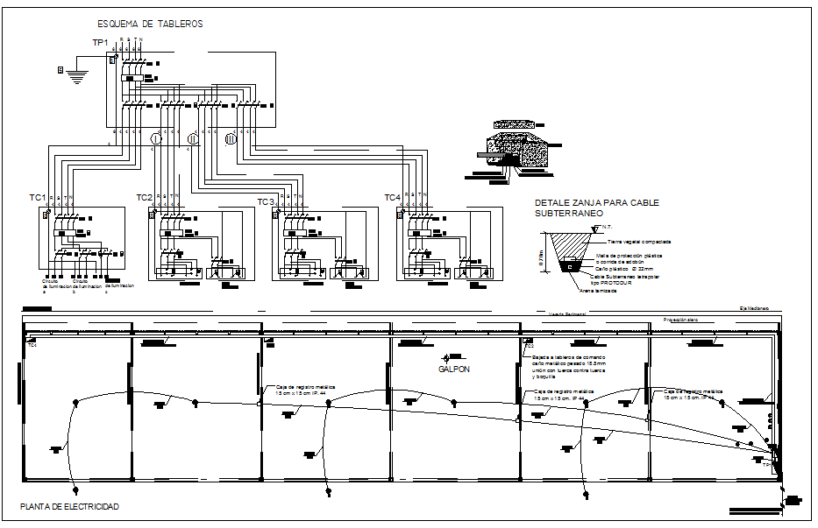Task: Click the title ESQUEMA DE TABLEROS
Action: click(150, 25)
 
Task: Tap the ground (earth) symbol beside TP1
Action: click(78, 74)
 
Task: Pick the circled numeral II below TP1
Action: click(194, 139)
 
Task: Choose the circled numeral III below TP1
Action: click(231, 139)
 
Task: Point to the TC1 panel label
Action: click(38, 199)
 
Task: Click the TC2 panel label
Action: click(145, 197)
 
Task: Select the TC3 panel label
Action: click(266, 202)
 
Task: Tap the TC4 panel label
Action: click(392, 197)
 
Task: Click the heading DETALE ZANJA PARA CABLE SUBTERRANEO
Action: click(596, 208)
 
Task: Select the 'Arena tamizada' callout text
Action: click(598, 290)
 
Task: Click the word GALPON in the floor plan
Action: click(454, 370)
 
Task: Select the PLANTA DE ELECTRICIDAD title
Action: click(69, 507)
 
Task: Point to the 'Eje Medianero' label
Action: click(753, 309)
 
